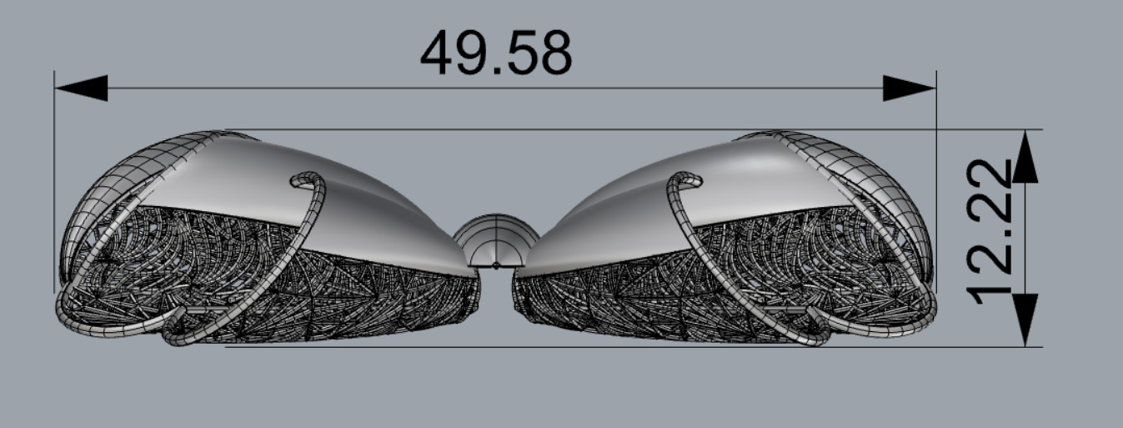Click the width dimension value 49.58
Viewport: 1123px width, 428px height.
tap(496, 53)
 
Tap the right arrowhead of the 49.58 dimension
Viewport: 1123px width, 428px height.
tap(910, 88)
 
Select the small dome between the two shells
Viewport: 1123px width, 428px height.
tap(496, 242)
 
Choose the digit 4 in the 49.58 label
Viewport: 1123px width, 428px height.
tap(439, 53)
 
